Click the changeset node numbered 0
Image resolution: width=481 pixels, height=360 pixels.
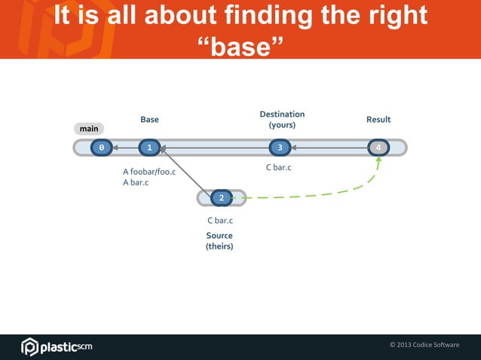click(101, 148)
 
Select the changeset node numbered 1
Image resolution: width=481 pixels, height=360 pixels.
click(150, 148)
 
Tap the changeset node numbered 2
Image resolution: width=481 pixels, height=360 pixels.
click(221, 198)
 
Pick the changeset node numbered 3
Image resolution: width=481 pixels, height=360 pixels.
click(280, 148)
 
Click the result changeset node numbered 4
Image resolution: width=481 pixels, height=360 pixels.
click(378, 148)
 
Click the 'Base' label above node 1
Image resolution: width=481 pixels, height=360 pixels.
click(149, 120)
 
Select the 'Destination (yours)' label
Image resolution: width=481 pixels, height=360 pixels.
click(282, 119)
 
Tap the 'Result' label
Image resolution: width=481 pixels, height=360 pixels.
click(378, 120)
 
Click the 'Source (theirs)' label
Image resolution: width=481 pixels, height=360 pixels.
click(219, 241)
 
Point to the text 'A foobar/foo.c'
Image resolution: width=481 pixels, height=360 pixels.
click(149, 172)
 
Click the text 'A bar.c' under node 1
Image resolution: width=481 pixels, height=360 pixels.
click(136, 183)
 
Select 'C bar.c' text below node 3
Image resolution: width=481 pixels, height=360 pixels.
click(278, 167)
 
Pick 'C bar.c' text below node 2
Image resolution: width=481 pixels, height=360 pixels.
click(220, 221)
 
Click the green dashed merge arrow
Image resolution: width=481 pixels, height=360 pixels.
click(317, 196)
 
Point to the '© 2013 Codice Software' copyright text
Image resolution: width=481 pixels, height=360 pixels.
click(424, 345)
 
